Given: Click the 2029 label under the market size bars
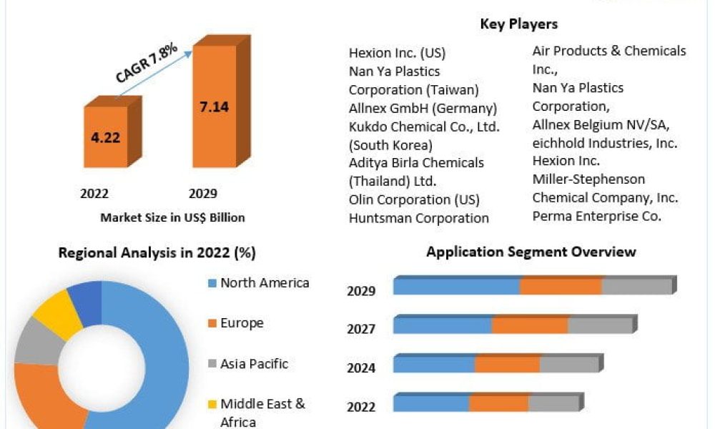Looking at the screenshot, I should coord(202,194).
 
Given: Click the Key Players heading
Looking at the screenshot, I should coord(518,24).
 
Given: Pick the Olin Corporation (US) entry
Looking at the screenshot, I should coord(414,199).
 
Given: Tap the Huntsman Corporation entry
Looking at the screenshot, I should coord(419,218).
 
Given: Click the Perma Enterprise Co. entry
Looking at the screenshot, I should coord(596,215).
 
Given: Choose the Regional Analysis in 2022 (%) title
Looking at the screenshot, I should coord(157,252).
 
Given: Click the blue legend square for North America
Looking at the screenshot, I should coord(212,283).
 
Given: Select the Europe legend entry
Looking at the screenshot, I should coord(242,323).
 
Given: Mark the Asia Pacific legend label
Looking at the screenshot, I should coord(254,363).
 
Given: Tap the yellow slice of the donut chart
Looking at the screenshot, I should coord(57,313).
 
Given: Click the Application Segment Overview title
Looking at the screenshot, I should coord(531,252).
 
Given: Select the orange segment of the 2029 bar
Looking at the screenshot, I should coord(561,286).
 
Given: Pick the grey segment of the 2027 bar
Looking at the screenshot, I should coord(600,325).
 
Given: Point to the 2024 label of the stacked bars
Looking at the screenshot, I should coord(361,368).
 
